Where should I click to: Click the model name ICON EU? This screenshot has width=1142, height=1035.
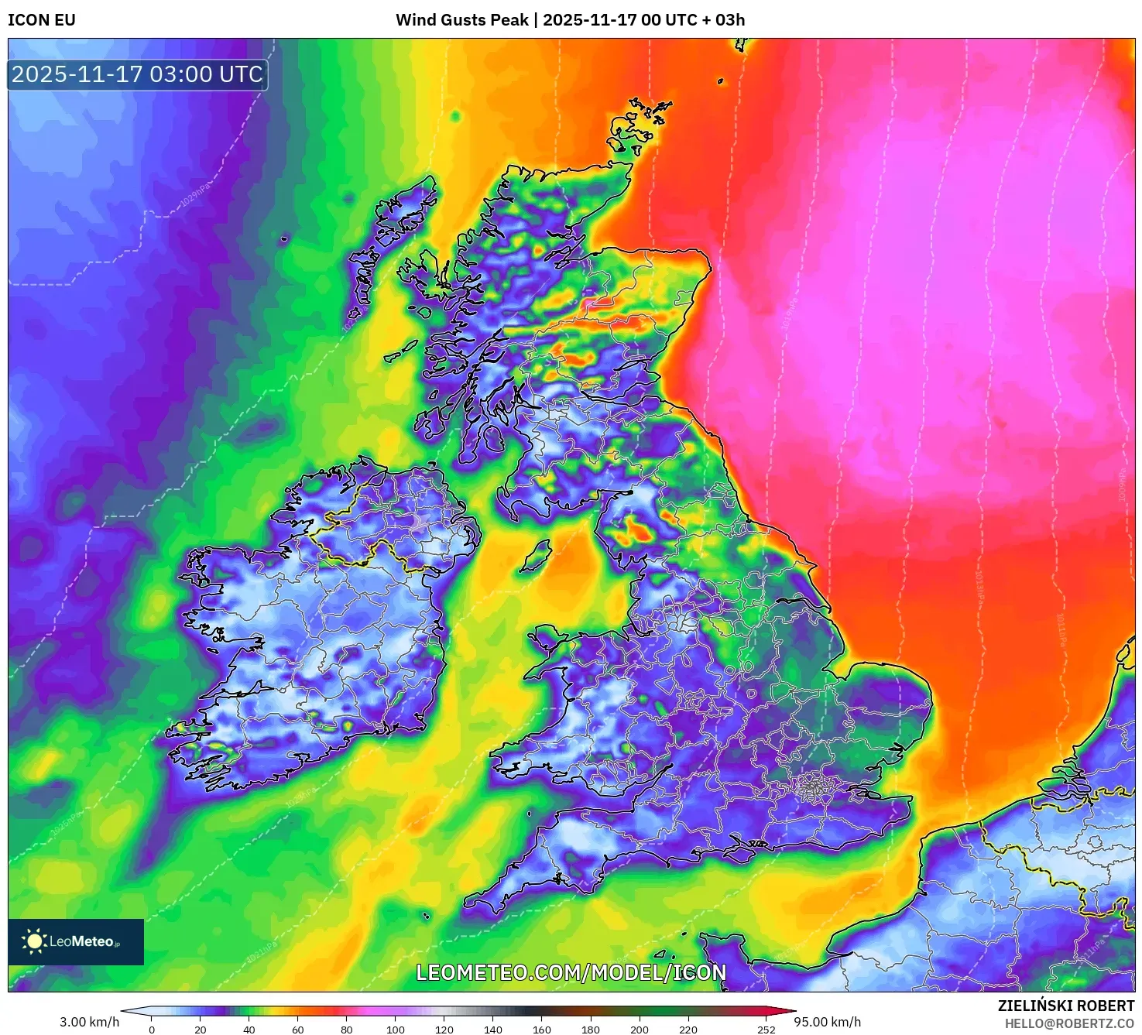(42, 20)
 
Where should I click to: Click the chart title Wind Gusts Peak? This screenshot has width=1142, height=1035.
(462, 20)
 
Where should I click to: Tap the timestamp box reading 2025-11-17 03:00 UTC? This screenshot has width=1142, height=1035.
(138, 75)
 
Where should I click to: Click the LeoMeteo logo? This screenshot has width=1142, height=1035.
(76, 941)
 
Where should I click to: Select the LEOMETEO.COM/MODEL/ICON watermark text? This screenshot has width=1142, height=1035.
(571, 973)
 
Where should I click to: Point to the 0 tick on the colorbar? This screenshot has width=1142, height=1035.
(152, 1029)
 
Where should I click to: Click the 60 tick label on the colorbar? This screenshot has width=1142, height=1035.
(298, 1029)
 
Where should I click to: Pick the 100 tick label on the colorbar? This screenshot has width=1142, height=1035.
(396, 1029)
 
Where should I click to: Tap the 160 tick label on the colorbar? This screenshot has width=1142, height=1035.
(542, 1029)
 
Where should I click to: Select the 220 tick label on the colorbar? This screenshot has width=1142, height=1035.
(688, 1029)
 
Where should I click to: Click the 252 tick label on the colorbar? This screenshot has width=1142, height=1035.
(766, 1029)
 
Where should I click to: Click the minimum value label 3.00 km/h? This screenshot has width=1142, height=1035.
(90, 1022)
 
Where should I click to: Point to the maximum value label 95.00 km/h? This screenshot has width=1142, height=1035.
(827, 1022)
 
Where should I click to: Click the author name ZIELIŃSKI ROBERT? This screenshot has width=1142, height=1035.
(1066, 1006)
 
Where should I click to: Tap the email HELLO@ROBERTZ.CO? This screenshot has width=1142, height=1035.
(1069, 1023)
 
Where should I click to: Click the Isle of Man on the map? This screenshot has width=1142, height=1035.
(536, 557)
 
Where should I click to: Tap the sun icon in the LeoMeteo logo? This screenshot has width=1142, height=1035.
(34, 941)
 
